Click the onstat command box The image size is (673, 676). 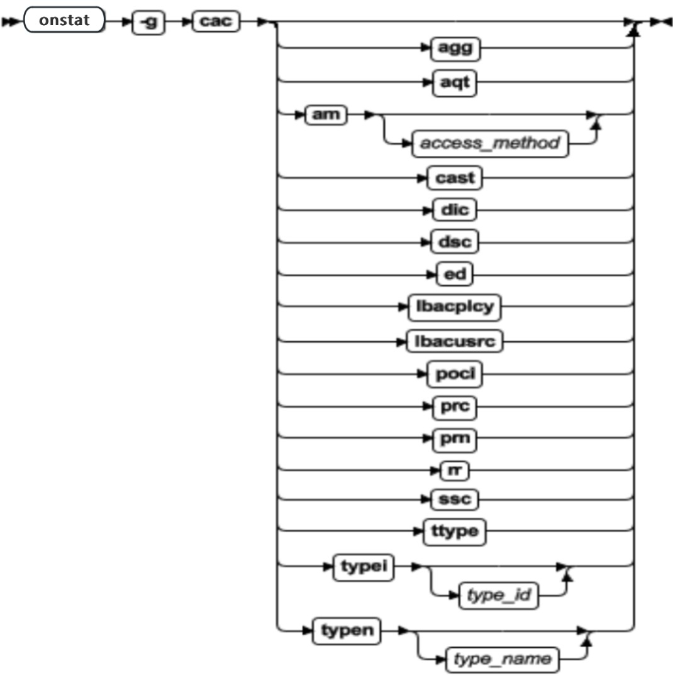pos(64,20)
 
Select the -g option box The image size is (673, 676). pos(149,22)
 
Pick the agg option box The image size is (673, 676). pos(455,48)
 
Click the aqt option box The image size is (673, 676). pos(455,82)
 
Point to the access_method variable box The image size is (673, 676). pos(489,144)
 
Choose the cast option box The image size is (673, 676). pos(455,178)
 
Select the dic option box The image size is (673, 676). pos(455,209)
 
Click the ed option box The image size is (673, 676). pos(455,275)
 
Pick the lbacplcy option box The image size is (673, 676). pos(455,308)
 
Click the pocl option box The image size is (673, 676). pos(455,375)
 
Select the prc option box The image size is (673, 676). pos(455,408)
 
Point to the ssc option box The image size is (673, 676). pos(455,500)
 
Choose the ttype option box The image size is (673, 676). pos(455,532)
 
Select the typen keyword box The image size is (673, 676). pos(348,630)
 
